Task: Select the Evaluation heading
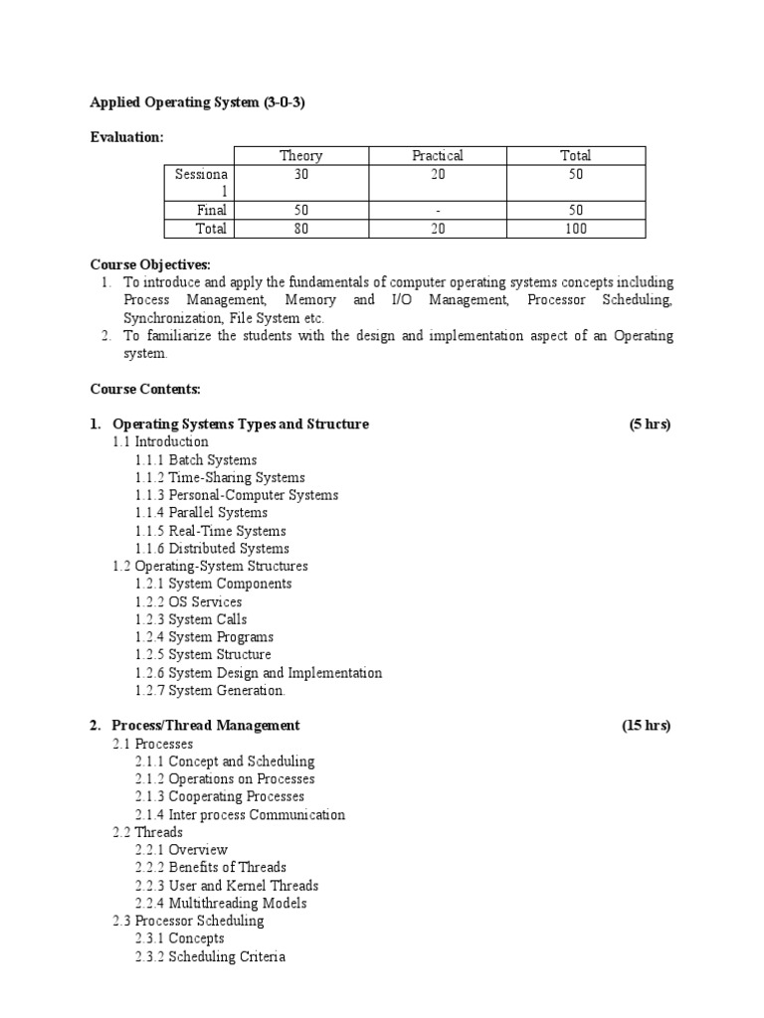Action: coord(126,137)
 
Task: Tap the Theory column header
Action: coord(300,155)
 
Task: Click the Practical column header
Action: coord(438,155)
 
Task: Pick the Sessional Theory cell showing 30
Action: coord(300,174)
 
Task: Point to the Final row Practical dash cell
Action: coord(438,211)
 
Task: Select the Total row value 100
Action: coord(575,229)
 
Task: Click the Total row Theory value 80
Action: coord(300,229)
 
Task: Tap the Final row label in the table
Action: coord(211,211)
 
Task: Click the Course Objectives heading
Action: coord(150,264)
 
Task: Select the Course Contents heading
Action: coord(145,389)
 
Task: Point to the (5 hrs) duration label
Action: coord(650,424)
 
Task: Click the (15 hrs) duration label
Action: coord(647,726)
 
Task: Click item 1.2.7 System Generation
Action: coord(210,690)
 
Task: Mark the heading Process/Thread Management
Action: coord(206,726)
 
